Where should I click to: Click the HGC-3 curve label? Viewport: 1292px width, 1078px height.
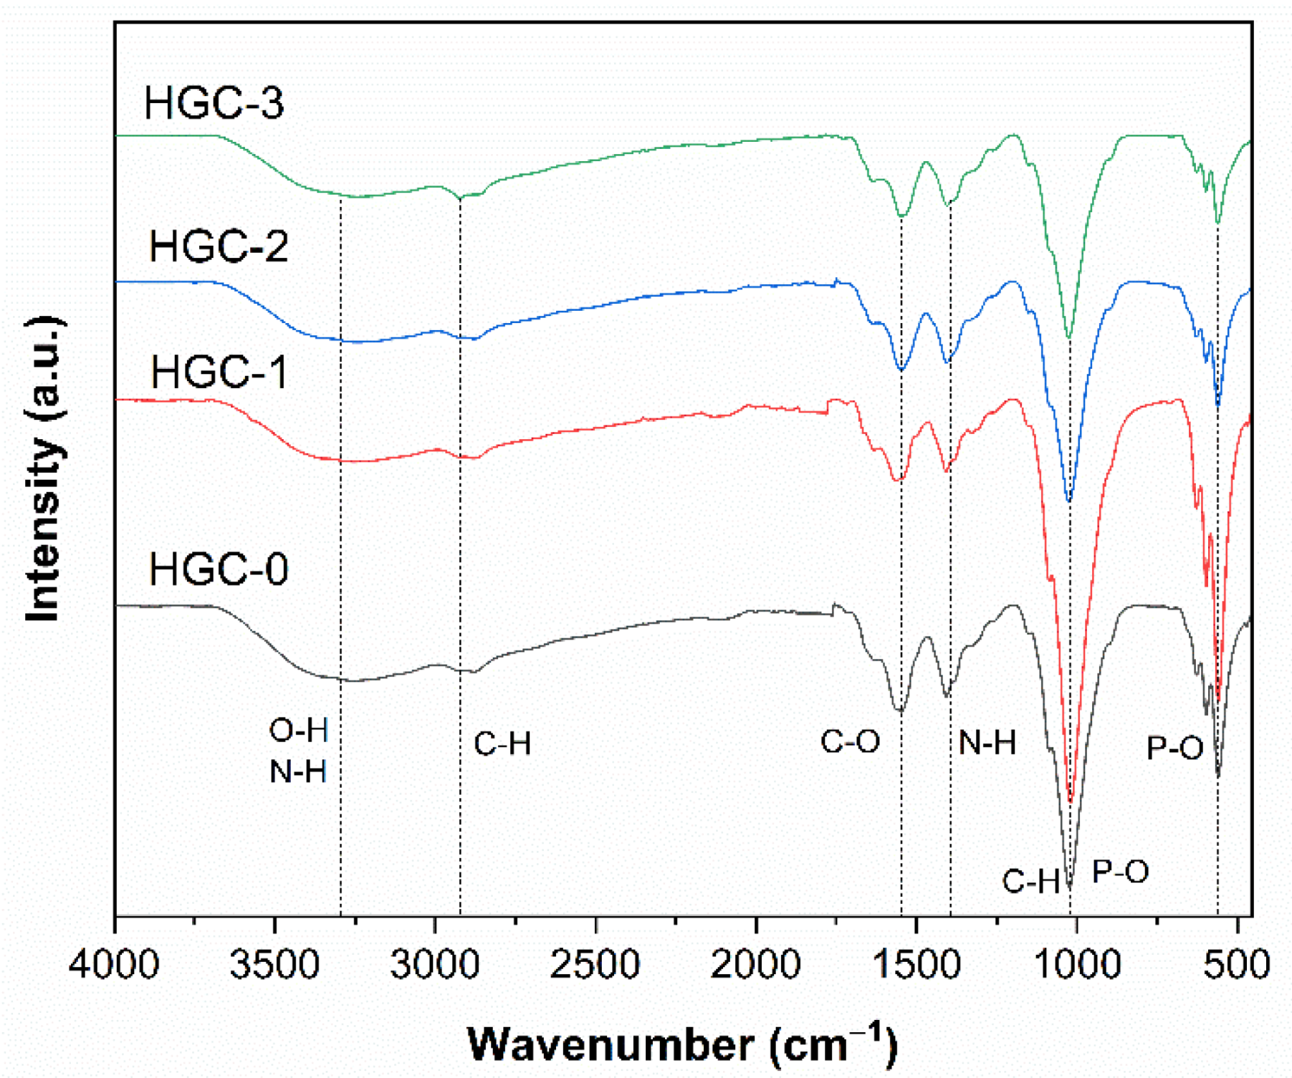click(214, 103)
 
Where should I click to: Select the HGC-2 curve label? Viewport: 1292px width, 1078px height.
click(218, 246)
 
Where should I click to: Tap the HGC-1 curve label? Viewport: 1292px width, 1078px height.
click(219, 372)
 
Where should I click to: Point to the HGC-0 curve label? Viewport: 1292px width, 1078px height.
click(218, 570)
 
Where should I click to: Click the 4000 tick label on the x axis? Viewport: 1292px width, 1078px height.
click(114, 964)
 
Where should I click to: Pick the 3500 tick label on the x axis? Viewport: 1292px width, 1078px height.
click(274, 964)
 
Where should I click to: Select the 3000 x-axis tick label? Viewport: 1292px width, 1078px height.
click(434, 964)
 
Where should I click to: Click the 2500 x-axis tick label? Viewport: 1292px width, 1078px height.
click(595, 964)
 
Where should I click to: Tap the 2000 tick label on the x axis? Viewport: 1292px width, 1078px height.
click(755, 964)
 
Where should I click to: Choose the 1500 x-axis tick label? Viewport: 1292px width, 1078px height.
click(916, 964)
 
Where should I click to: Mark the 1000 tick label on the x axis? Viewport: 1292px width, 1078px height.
click(1076, 964)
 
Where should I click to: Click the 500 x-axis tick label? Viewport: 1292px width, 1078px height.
click(1237, 964)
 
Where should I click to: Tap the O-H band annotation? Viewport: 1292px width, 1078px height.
click(299, 731)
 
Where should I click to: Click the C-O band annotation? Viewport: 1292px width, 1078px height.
click(850, 742)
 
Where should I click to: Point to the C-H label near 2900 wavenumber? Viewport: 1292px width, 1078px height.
click(502, 744)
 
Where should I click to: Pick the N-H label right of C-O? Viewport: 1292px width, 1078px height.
click(987, 743)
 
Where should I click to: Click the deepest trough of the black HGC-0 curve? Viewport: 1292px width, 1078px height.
click(1069, 887)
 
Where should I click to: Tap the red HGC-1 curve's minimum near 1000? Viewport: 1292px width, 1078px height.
click(1071, 800)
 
